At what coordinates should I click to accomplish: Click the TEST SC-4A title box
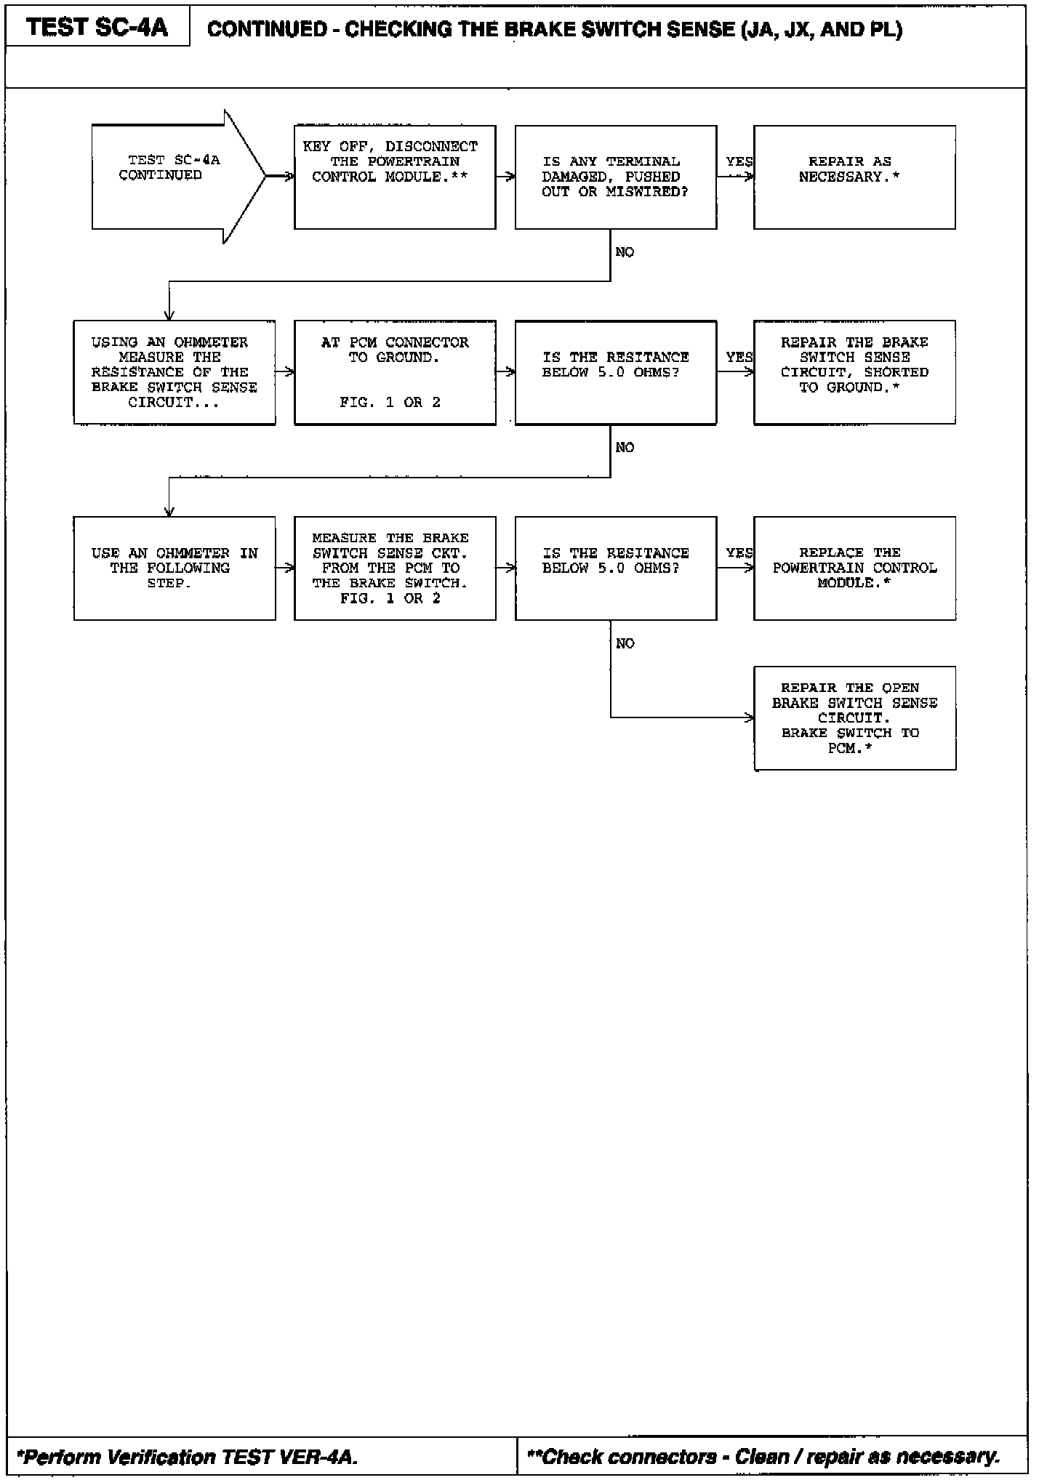pyautogui.click(x=97, y=28)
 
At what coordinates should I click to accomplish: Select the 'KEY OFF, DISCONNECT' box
pyautogui.click(x=395, y=177)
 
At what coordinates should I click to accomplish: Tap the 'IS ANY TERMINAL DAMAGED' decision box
pyautogui.click(x=616, y=177)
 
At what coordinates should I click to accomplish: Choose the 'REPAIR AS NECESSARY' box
pyautogui.click(x=854, y=177)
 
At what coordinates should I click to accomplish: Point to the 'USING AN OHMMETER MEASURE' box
pyautogui.click(x=174, y=372)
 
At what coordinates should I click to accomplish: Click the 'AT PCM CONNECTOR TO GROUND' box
pyautogui.click(x=395, y=372)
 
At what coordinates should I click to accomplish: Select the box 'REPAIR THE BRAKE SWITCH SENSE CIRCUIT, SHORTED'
pyautogui.click(x=854, y=372)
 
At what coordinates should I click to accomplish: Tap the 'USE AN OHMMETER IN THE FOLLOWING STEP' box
pyautogui.click(x=174, y=568)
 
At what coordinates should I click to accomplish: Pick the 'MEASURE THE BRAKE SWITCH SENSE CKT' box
pyautogui.click(x=395, y=568)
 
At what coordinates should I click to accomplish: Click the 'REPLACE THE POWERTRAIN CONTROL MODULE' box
pyautogui.click(x=854, y=568)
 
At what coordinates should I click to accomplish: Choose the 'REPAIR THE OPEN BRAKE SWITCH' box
pyautogui.click(x=854, y=717)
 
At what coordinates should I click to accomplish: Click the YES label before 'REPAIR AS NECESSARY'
pyautogui.click(x=739, y=161)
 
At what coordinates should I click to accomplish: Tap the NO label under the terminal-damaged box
pyautogui.click(x=625, y=252)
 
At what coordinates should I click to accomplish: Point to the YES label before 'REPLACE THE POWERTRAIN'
pyautogui.click(x=739, y=553)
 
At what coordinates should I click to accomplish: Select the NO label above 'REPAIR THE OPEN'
pyautogui.click(x=625, y=643)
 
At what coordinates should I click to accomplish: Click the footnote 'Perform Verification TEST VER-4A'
pyautogui.click(x=188, y=1457)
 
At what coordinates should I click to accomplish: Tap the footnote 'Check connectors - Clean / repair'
pyautogui.click(x=763, y=1457)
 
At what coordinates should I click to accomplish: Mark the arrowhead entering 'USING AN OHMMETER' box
pyautogui.click(x=169, y=315)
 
